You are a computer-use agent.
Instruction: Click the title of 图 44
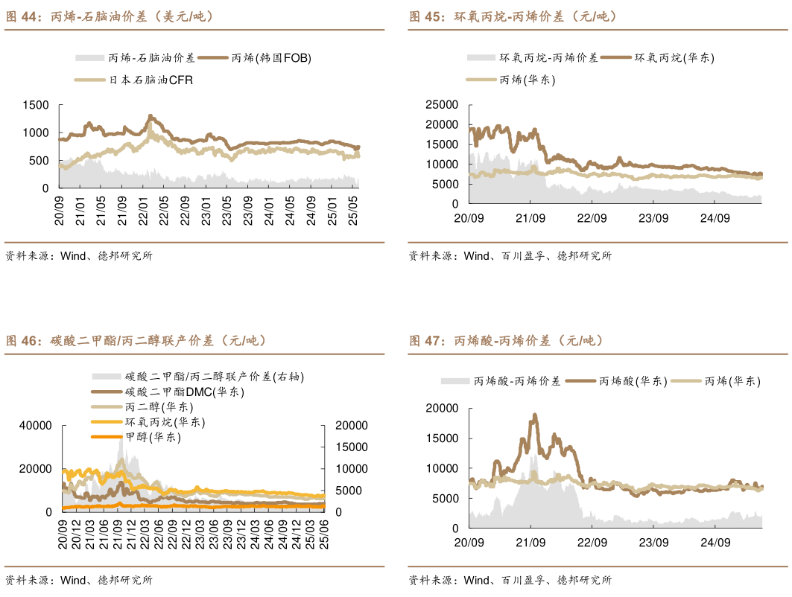(110, 16)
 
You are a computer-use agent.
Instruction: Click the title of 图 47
(507, 341)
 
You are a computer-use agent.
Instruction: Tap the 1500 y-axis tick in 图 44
(37, 105)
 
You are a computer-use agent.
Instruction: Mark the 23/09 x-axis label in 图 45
(652, 218)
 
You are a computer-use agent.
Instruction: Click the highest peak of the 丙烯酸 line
(534, 415)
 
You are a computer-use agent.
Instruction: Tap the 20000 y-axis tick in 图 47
(440, 408)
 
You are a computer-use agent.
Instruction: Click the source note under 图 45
(510, 256)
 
